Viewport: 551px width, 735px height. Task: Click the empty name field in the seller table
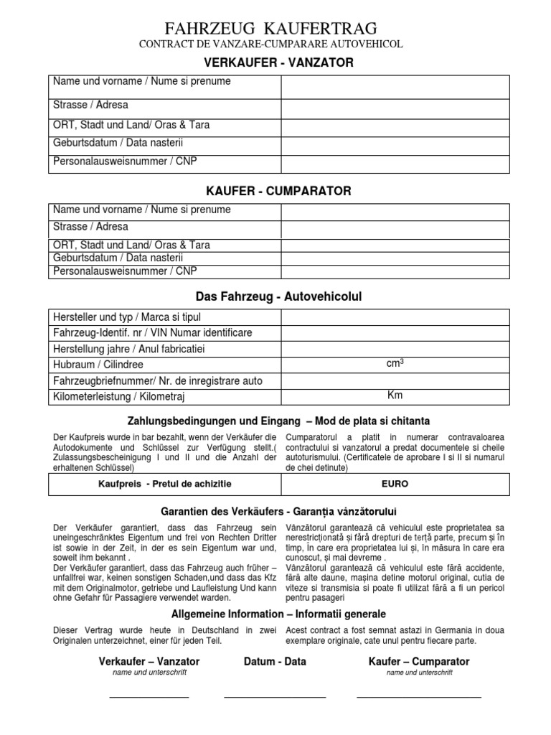[x=395, y=87]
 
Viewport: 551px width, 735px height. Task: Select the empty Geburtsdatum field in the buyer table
[x=395, y=258]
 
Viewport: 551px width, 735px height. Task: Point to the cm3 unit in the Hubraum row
[x=395, y=364]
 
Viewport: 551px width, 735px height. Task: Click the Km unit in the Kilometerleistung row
[x=395, y=395]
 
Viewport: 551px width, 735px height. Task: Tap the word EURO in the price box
[x=395, y=484]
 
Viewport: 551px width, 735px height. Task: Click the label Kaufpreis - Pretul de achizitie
[x=165, y=484]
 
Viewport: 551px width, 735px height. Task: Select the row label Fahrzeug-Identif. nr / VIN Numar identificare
[x=153, y=332]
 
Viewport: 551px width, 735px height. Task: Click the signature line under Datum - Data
[x=275, y=696]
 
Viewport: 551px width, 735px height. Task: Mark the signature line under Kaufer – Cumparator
[x=419, y=696]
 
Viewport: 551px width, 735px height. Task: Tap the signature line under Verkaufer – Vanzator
[x=149, y=696]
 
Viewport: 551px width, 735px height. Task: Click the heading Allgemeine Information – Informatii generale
[x=278, y=614]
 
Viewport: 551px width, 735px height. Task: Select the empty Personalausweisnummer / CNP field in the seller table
[x=395, y=163]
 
